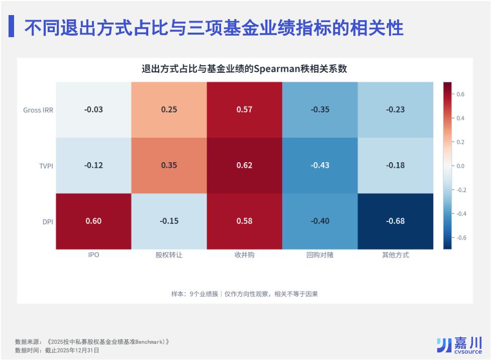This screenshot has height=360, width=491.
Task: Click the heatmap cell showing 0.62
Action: tap(244, 166)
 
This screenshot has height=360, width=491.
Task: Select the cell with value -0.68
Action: tap(395, 221)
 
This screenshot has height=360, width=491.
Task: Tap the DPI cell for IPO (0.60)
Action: tap(93, 221)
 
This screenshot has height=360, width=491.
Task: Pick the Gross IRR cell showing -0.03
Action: tap(93, 110)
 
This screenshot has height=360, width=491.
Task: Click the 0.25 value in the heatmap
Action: tap(169, 110)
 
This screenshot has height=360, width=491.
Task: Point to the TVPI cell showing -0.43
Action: tap(320, 166)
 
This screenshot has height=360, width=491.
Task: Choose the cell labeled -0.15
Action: tap(169, 221)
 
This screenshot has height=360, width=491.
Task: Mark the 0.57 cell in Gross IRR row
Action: tap(244, 110)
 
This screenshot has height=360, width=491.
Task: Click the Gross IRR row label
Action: tap(38, 110)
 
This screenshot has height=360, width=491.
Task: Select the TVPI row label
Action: tap(46, 166)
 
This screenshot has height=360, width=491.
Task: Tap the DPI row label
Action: tap(48, 222)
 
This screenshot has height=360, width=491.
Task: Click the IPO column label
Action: tap(93, 255)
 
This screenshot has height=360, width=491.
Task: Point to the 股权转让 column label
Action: tap(169, 255)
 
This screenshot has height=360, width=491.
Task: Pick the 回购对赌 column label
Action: tap(320, 255)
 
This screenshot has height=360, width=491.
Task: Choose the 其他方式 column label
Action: tap(396, 255)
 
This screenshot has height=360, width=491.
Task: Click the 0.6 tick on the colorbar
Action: tap(460, 94)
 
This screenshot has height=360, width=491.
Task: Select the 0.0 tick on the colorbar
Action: tap(460, 166)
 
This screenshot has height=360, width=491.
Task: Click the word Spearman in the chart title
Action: tap(277, 69)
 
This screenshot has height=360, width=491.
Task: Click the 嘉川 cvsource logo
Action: tap(459, 345)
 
